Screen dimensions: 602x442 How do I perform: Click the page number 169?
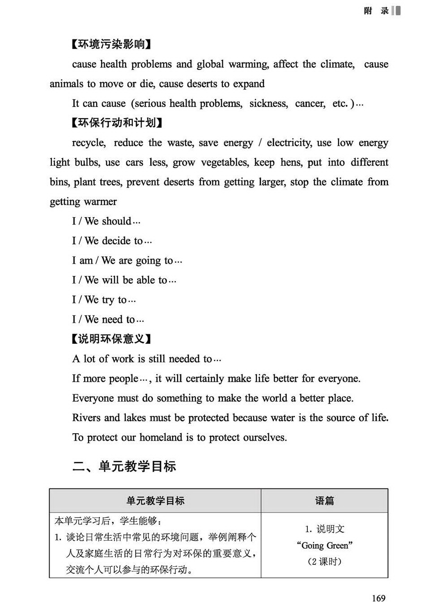(378, 598)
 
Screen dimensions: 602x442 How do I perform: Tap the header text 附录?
(376, 11)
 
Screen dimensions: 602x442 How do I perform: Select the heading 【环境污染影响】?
(111, 44)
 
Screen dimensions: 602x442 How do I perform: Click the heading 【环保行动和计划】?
(117, 123)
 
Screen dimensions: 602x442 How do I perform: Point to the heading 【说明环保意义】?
(111, 339)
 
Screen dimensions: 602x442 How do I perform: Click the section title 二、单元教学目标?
(124, 466)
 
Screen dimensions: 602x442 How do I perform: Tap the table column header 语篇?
(324, 501)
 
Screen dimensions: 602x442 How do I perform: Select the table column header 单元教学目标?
(155, 501)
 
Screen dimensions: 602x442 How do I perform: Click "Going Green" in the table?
(324, 545)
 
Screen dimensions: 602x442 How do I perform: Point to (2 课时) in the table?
(324, 561)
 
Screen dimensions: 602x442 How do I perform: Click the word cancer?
(310, 103)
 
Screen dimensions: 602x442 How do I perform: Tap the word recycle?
(89, 143)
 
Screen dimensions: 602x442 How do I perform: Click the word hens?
(290, 162)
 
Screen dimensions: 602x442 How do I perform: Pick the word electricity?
(289, 143)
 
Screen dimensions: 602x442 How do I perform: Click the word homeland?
(161, 437)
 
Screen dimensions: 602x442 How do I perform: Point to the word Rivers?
(86, 418)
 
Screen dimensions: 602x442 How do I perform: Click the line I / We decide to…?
(112, 241)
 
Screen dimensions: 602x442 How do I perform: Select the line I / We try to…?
(104, 300)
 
